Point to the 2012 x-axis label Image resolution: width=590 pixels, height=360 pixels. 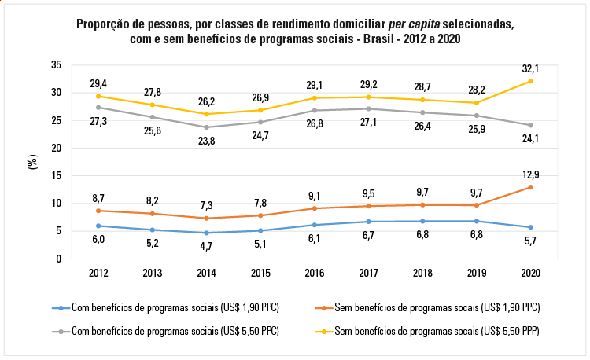(98, 272)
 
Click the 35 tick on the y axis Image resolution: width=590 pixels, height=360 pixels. (56, 64)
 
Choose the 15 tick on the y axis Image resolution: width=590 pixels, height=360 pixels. (56, 175)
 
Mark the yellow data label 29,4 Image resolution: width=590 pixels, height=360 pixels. (98, 83)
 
